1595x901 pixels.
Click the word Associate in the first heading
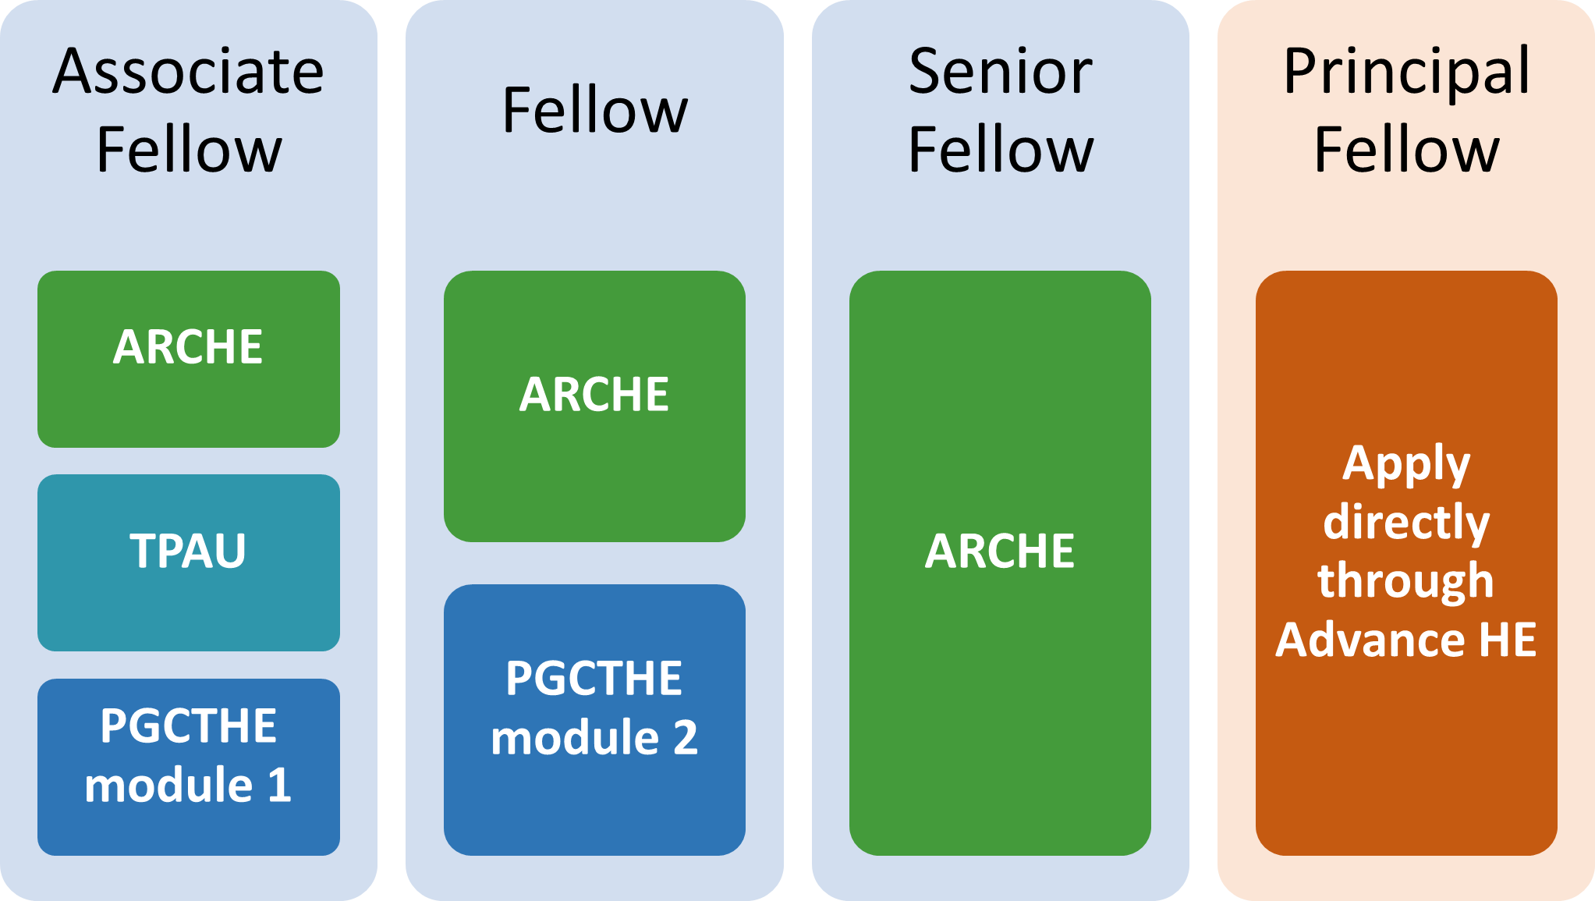tap(188, 71)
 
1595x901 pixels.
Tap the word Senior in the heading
tap(1001, 71)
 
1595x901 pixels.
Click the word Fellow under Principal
tap(1407, 149)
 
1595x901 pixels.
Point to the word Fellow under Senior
tap(1001, 149)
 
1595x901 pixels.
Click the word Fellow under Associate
tap(189, 149)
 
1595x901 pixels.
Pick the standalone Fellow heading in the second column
tap(595, 110)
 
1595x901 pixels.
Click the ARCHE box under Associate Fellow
tap(189, 359)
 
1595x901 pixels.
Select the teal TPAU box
tap(189, 562)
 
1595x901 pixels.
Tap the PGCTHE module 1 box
tap(189, 767)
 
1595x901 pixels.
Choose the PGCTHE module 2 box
tap(594, 720)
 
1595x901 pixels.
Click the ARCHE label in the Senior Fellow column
tap(1000, 551)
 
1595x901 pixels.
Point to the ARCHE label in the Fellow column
tap(594, 394)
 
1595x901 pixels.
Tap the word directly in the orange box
tap(1406, 523)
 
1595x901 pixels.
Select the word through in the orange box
tap(1405, 581)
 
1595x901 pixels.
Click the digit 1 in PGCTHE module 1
tap(279, 785)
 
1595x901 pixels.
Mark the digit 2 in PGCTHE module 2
tap(686, 737)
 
